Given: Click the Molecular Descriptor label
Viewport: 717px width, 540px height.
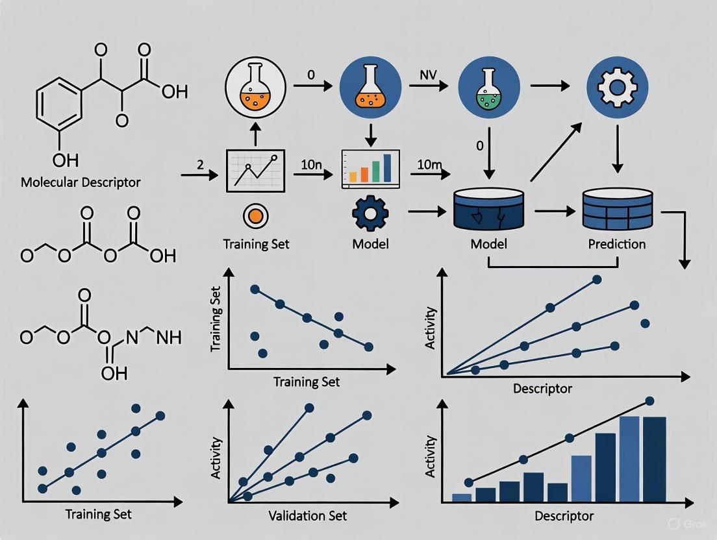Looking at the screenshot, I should click(81, 182).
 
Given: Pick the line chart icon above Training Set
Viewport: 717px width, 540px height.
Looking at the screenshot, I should click(255, 170).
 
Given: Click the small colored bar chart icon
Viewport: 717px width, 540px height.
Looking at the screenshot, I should click(370, 169).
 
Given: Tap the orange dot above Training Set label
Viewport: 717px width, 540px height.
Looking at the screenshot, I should click(255, 216).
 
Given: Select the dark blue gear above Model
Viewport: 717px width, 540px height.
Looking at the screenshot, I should click(370, 215).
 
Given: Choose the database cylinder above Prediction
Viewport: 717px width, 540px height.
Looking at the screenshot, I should click(617, 209).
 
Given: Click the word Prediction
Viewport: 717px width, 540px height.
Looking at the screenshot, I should click(617, 245).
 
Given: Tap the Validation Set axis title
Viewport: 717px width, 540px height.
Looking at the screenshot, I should click(308, 516).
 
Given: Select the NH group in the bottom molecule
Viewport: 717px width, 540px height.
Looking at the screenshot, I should click(168, 337).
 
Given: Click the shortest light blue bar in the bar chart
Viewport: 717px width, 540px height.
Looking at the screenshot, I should click(461, 497).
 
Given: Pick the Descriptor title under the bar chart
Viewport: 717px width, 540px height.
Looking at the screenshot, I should click(564, 517).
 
